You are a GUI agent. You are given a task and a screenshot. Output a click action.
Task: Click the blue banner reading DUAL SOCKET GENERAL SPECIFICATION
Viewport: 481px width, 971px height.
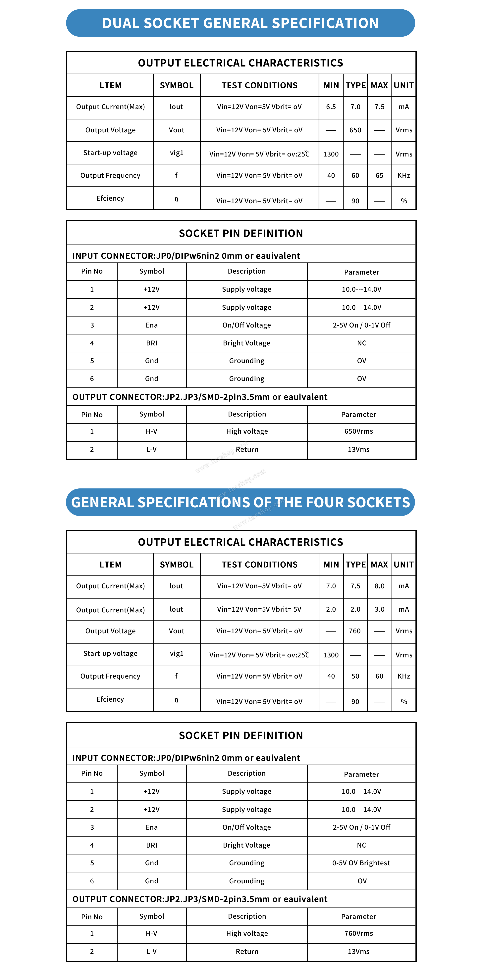(x=240, y=23)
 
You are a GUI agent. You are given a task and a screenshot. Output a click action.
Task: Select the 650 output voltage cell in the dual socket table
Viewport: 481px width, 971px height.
(x=355, y=130)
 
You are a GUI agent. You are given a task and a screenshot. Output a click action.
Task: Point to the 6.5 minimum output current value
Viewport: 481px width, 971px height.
(x=331, y=107)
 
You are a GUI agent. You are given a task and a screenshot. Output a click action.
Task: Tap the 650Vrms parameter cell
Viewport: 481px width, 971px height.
(x=358, y=431)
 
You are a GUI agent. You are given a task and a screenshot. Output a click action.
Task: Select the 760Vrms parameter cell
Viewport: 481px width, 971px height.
(x=358, y=933)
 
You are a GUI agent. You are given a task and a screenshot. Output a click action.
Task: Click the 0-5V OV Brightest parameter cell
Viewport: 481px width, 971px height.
(x=361, y=863)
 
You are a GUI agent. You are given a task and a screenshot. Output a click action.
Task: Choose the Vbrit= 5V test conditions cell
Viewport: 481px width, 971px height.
(x=259, y=609)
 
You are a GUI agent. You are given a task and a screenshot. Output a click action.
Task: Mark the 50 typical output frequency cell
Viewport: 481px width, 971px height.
(x=355, y=676)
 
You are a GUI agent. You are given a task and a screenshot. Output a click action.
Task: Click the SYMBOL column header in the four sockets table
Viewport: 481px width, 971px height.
(x=177, y=565)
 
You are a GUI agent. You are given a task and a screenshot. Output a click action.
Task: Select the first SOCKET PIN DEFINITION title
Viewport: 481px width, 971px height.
(x=241, y=233)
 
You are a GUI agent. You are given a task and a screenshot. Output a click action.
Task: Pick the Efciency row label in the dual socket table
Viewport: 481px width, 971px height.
(x=110, y=198)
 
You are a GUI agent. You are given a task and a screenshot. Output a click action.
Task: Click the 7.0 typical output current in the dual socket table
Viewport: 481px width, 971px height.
(x=355, y=107)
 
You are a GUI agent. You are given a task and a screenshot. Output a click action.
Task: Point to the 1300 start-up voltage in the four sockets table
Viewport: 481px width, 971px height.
(x=331, y=655)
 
